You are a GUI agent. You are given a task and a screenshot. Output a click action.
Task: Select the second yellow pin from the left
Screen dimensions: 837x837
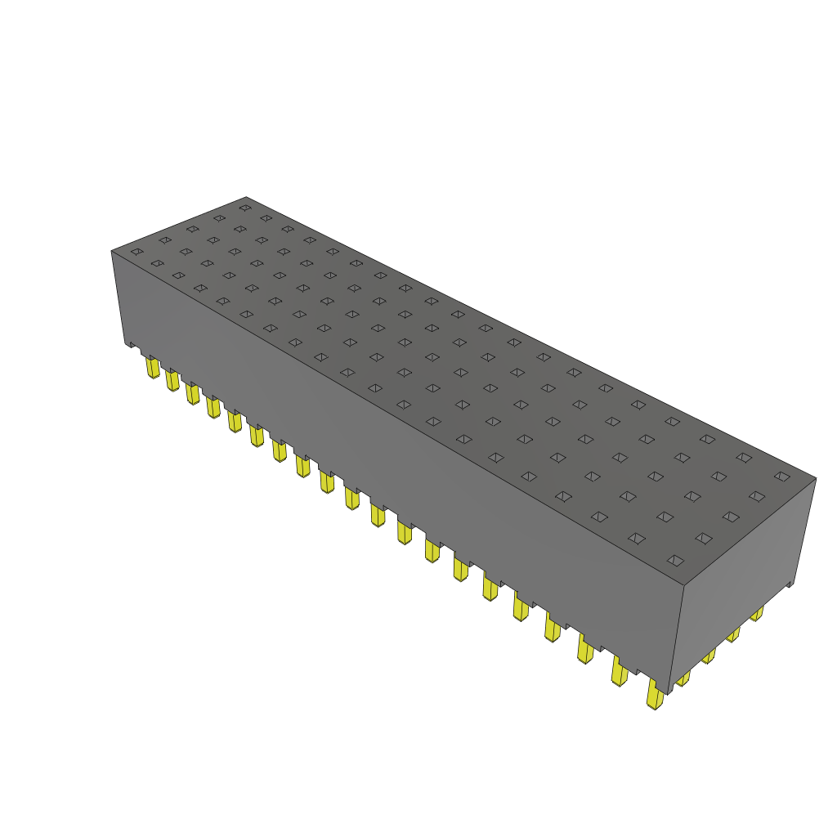172,380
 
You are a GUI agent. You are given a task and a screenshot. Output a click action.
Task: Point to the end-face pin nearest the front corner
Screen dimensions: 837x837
683,678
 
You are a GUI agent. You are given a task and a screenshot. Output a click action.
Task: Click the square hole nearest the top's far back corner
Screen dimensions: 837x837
244,208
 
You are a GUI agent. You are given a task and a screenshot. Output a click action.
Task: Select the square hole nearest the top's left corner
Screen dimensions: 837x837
137,251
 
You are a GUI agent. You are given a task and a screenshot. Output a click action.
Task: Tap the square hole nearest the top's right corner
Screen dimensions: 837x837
781,477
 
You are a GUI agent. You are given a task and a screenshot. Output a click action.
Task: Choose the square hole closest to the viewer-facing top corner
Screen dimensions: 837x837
675,560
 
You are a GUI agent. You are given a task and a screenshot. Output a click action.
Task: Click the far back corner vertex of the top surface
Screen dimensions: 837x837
246,197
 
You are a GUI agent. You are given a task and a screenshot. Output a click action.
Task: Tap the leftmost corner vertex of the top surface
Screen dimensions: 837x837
111,251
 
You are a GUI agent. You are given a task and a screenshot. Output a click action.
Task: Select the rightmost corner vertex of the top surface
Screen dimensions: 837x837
816,479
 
